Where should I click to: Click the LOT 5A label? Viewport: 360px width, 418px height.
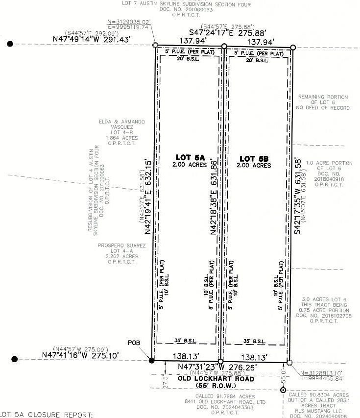(x=189, y=157)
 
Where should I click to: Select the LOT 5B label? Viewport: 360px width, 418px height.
(x=255, y=158)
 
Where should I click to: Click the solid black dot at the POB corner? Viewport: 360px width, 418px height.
(x=151, y=360)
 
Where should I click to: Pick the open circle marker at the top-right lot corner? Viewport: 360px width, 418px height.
(x=293, y=48)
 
